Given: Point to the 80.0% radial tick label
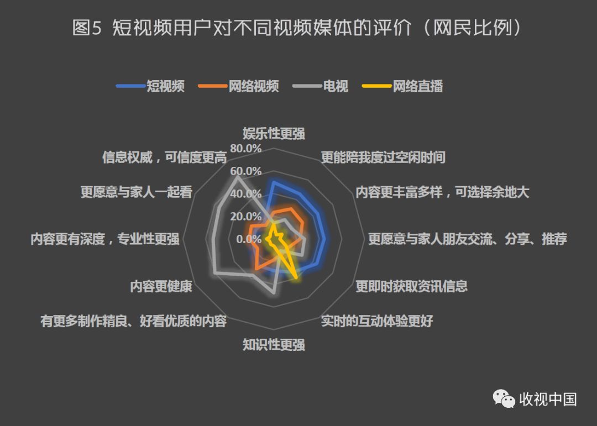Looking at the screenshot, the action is click(246, 149).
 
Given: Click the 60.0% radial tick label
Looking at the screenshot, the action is click(246, 171).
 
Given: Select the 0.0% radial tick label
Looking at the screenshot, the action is click(249, 239).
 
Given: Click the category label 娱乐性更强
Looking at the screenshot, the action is click(274, 133).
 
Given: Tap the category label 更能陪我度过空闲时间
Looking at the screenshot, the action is click(383, 157).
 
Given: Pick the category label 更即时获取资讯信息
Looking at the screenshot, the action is click(411, 286).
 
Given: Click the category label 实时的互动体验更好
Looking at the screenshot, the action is click(376, 321).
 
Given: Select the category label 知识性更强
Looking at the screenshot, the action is click(274, 345).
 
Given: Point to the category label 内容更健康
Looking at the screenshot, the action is click(161, 286).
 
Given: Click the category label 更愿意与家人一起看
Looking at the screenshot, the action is click(136, 192).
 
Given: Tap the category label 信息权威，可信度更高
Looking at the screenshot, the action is click(164, 157).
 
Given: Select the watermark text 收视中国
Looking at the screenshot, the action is click(548, 399).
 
